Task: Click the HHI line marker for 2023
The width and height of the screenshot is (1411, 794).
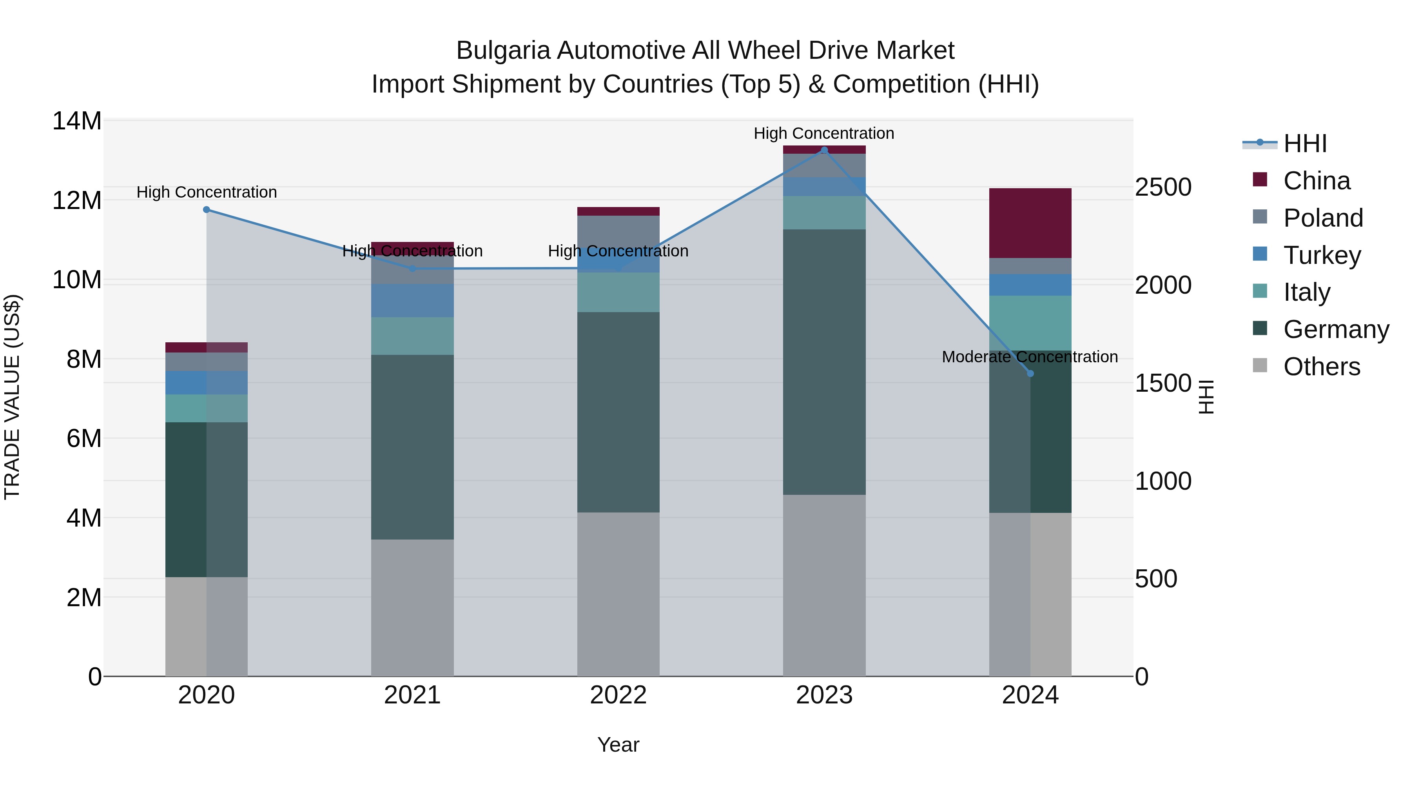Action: (824, 150)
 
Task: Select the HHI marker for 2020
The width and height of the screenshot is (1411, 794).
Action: (207, 210)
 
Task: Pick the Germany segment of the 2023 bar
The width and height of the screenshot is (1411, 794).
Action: (824, 362)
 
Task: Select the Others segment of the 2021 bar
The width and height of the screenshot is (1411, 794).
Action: (412, 608)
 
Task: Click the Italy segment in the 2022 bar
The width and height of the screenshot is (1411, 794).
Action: (618, 292)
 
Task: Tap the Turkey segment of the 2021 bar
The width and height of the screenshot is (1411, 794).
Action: (412, 300)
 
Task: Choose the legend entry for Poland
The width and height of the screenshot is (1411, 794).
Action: (1322, 218)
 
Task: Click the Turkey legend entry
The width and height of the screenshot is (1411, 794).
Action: (1321, 255)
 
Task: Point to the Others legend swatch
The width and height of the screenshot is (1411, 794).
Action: (1260, 365)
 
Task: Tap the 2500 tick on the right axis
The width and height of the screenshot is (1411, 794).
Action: (1163, 187)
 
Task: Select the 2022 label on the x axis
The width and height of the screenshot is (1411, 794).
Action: (618, 695)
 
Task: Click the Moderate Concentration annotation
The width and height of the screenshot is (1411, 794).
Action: (1030, 357)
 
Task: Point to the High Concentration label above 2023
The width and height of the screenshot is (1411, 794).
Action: (824, 133)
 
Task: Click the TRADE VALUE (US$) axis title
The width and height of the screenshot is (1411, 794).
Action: (12, 397)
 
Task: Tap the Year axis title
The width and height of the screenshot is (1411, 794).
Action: (618, 745)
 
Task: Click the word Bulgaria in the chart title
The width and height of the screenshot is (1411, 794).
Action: (502, 51)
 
